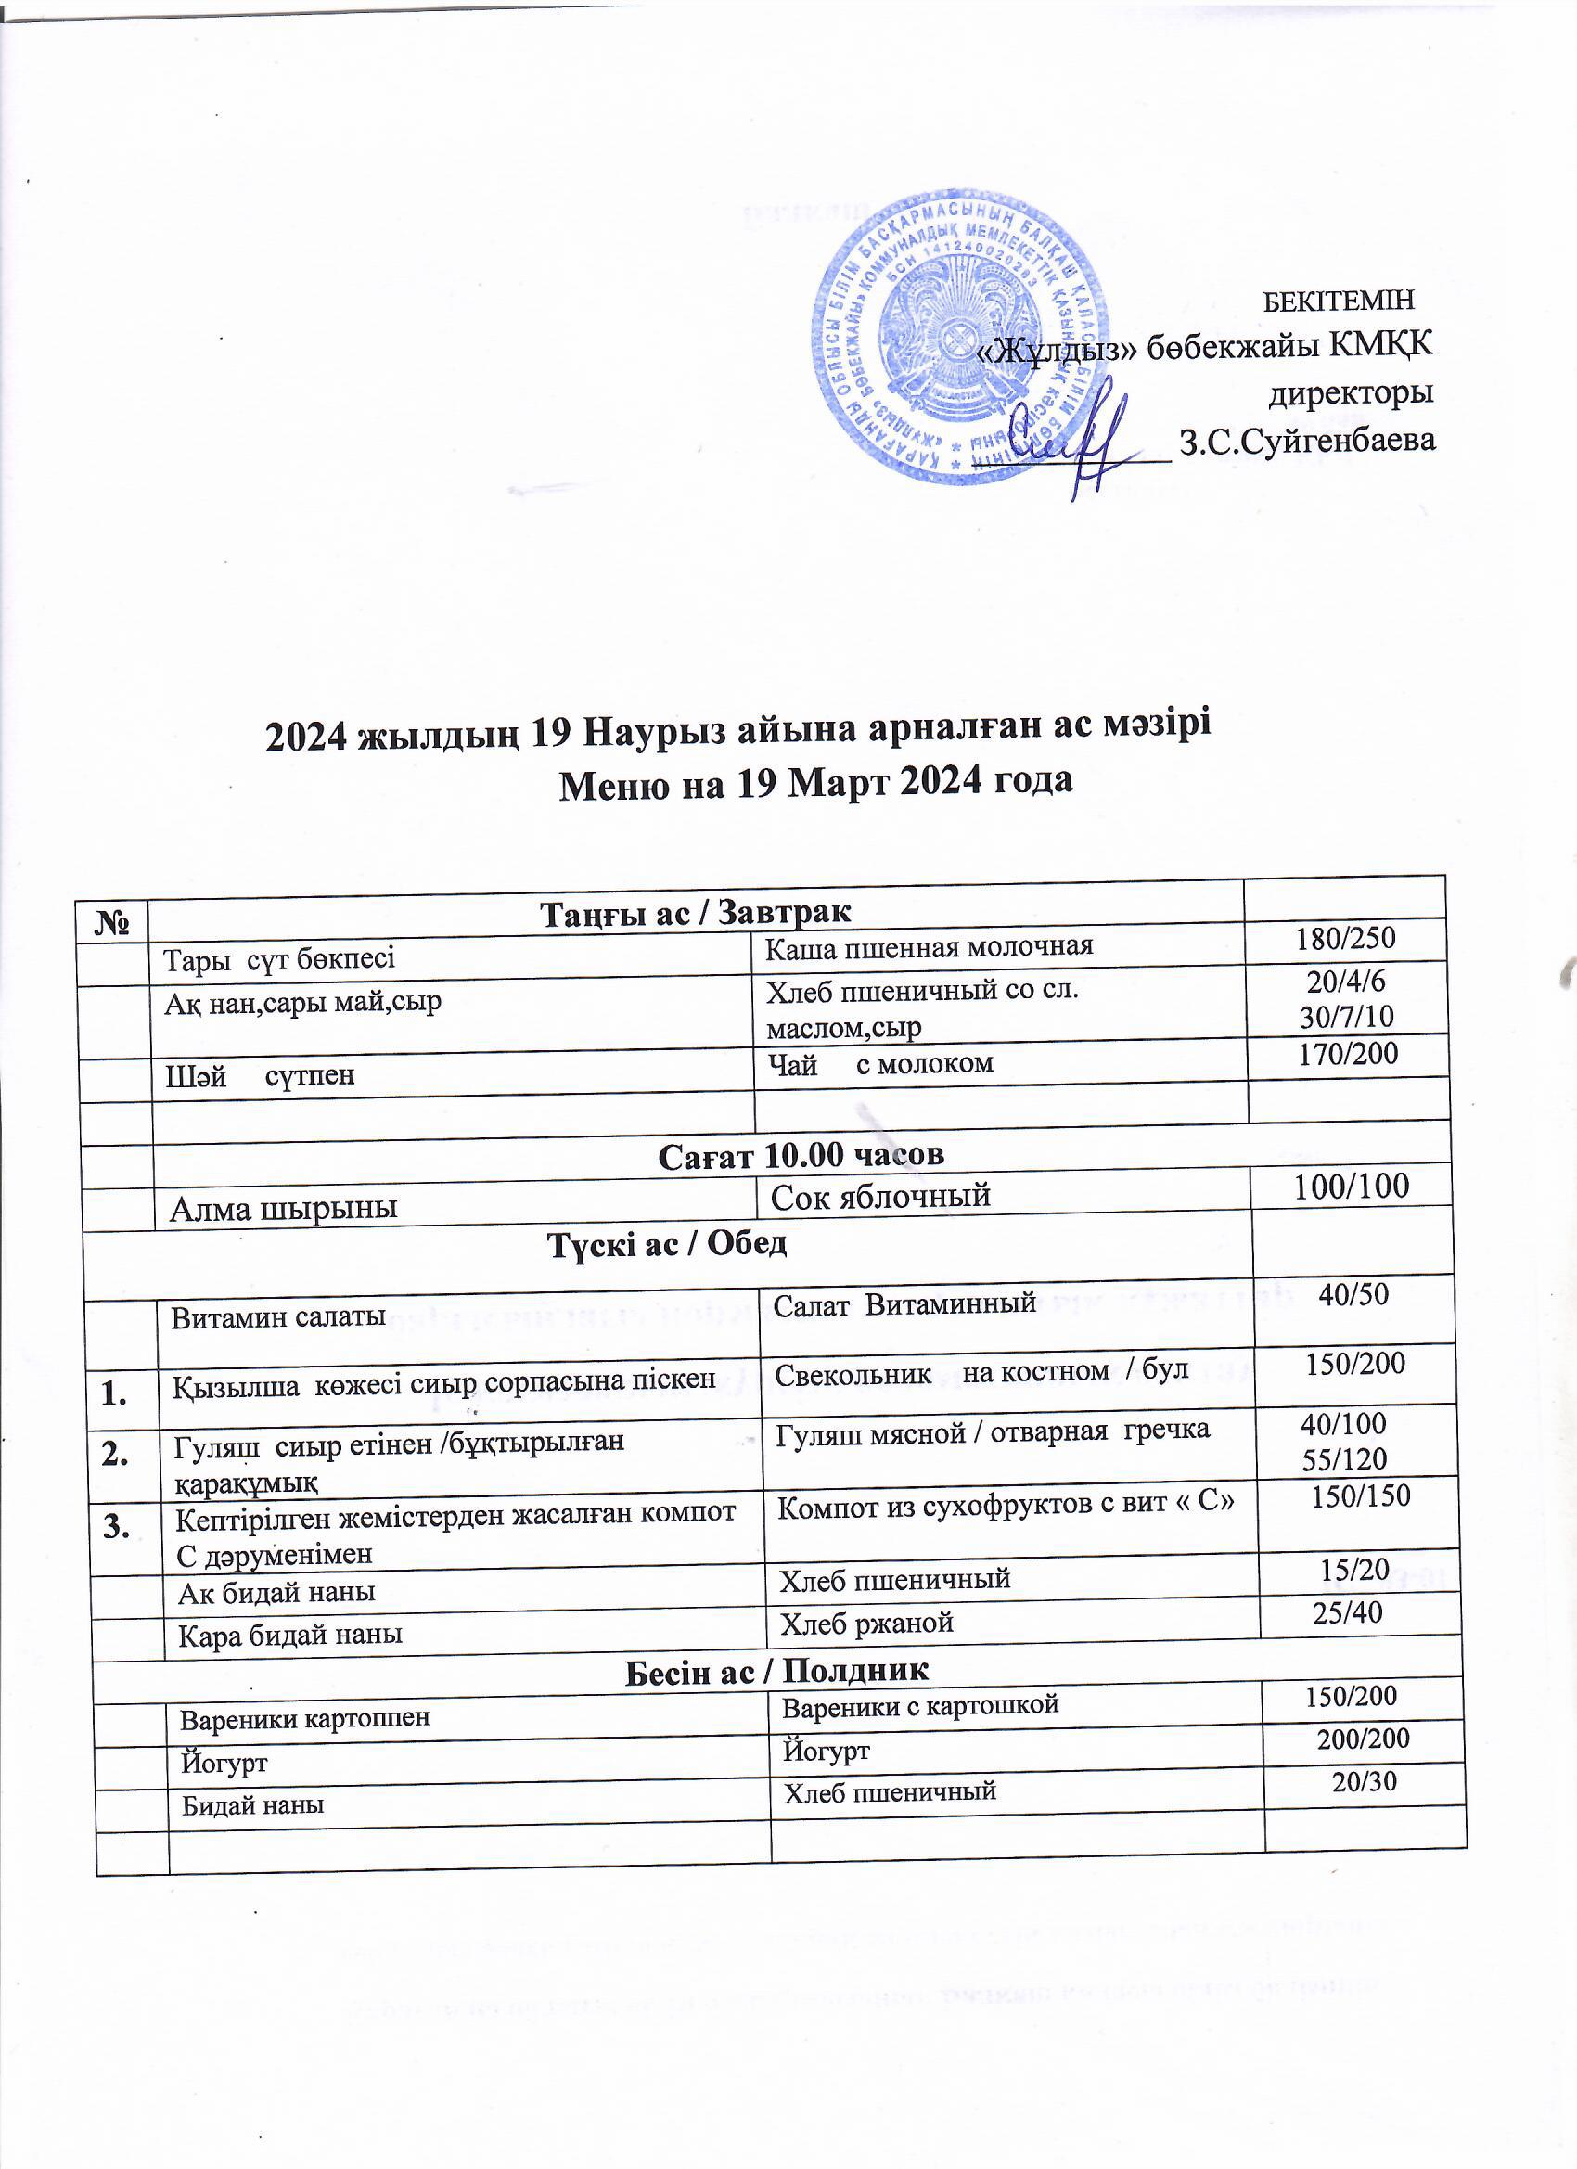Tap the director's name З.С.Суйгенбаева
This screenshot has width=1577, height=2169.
click(x=1308, y=441)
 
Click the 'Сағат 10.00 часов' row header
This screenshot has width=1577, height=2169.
click(x=801, y=1154)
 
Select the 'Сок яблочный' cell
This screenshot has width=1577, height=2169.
click(x=879, y=1196)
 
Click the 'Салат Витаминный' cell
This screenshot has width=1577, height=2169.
click(x=904, y=1302)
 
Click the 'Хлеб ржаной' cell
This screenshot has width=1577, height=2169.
click(x=867, y=1622)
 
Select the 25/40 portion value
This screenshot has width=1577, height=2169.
click(x=1348, y=1612)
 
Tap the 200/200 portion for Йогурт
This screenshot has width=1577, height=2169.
click(x=1363, y=1738)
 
